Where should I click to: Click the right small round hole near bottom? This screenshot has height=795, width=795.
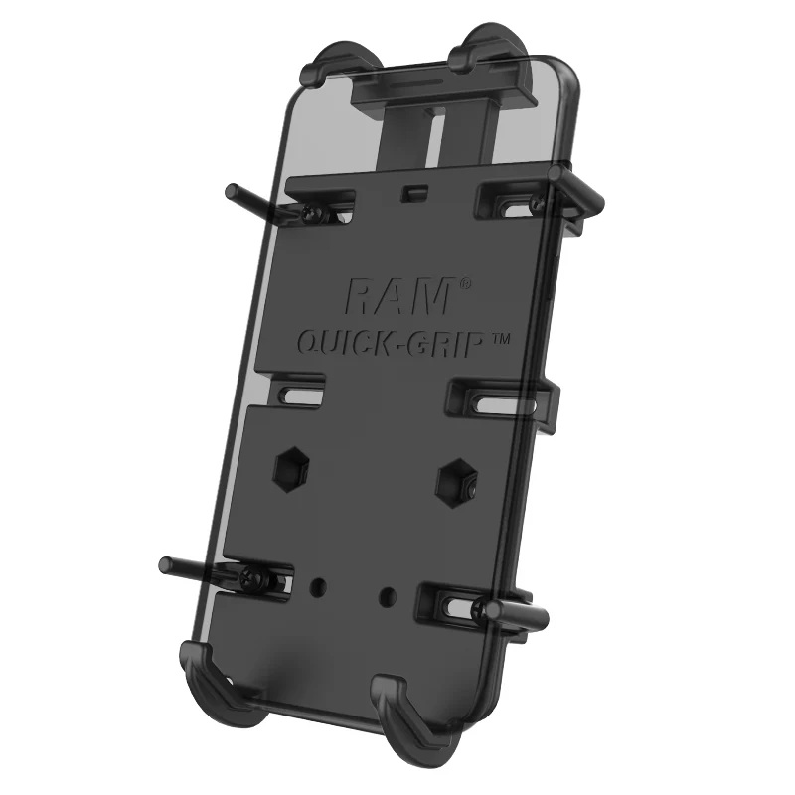point(388,595)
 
